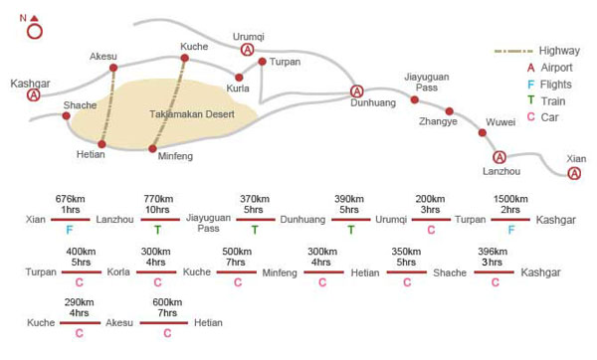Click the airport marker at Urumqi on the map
click(x=248, y=50)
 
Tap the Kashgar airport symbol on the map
click(x=34, y=95)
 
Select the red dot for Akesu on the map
click(x=113, y=68)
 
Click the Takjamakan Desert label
click(x=192, y=114)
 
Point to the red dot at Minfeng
click(x=152, y=149)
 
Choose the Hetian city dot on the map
click(x=101, y=144)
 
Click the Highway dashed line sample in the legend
click(x=513, y=51)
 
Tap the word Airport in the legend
click(x=556, y=68)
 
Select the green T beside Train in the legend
click(x=530, y=100)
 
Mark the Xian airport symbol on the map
click(x=574, y=173)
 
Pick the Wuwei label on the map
click(x=500, y=122)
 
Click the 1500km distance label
click(x=510, y=199)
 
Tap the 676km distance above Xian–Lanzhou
click(x=70, y=199)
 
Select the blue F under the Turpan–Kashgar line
click(x=511, y=230)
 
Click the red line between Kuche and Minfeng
click(x=237, y=272)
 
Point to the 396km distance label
click(x=493, y=252)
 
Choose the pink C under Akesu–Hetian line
click(x=167, y=333)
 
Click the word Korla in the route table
click(x=118, y=272)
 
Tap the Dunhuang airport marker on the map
click(x=357, y=91)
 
